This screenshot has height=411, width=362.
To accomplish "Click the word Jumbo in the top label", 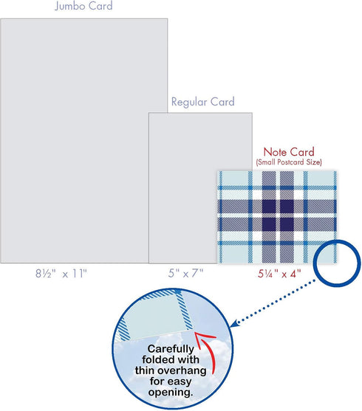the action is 70,6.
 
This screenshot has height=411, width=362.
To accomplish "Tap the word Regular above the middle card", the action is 189,103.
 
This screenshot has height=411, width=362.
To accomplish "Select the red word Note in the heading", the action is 275,152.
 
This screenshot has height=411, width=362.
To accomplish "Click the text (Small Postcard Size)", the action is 289,162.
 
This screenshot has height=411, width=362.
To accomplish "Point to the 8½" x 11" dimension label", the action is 61,274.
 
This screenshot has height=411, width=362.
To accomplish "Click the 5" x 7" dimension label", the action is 186,274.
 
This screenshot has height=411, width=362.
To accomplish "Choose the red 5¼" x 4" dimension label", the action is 279,274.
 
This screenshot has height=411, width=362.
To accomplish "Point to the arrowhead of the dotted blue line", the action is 234,323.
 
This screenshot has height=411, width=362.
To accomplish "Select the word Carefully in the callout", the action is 171,349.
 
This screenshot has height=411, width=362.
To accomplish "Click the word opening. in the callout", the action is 171,393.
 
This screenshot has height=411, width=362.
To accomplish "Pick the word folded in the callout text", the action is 156,359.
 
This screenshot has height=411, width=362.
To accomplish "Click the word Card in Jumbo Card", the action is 100,6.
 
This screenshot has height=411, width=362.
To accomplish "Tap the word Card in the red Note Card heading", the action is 302,152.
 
